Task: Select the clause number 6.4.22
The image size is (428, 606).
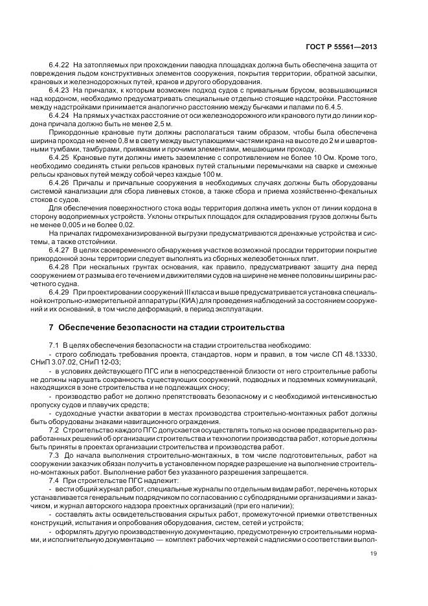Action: [x=59, y=65]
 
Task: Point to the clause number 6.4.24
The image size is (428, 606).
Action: [x=59, y=115]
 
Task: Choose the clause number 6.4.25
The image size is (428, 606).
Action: [x=59, y=157]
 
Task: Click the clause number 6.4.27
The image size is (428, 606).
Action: [x=59, y=249]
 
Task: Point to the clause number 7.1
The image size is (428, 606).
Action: [x=54, y=346]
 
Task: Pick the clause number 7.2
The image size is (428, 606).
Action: [x=54, y=430]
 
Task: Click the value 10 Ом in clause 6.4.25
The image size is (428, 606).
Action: [x=352, y=157]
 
